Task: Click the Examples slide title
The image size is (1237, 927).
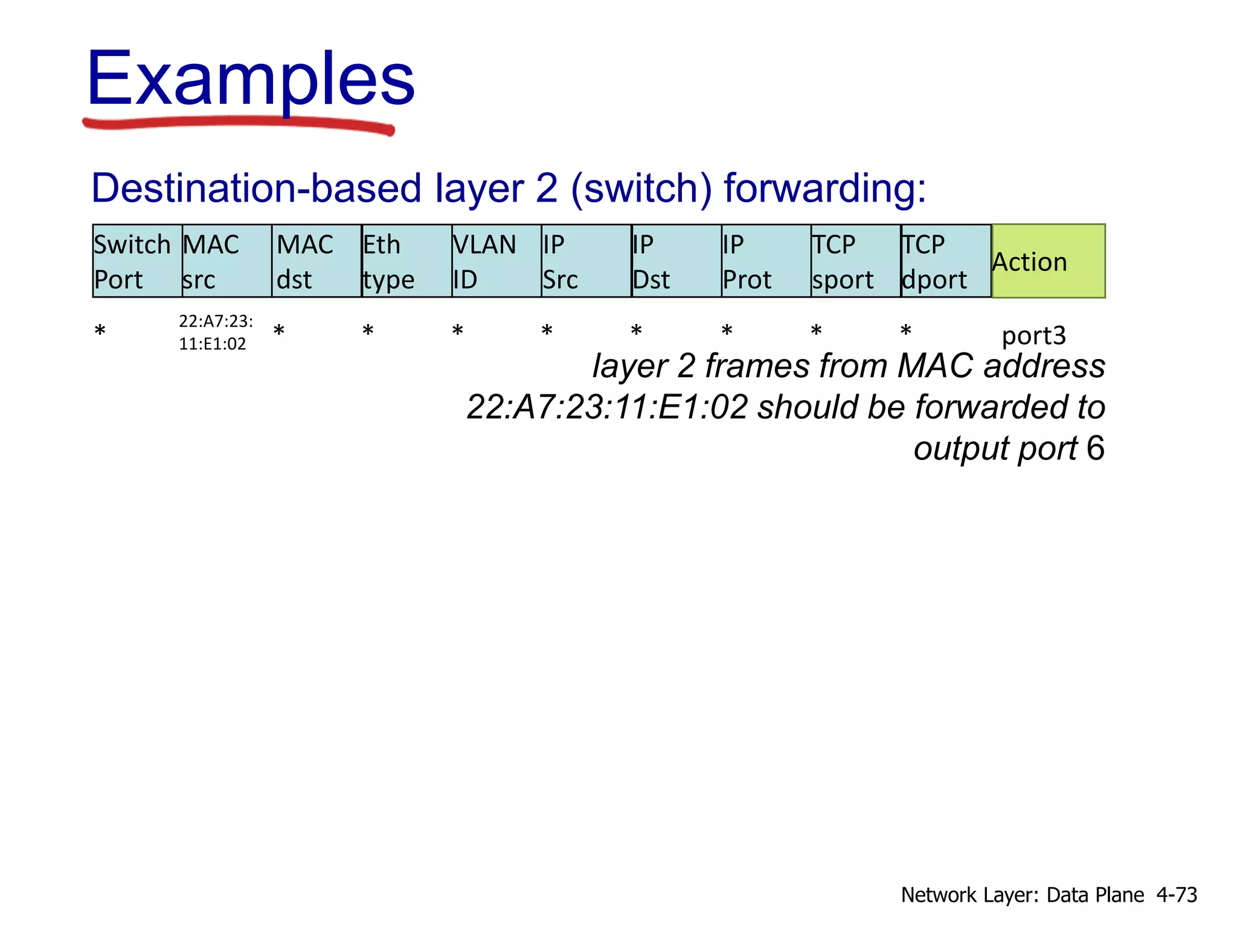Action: point(251,78)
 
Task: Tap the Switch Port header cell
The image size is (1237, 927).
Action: point(137,261)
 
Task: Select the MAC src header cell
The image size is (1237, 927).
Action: point(227,261)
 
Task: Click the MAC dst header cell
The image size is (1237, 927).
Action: point(316,261)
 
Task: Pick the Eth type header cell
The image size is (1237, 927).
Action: point(406,261)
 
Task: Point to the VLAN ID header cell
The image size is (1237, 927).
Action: point(496,261)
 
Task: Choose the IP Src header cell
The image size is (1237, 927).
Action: point(586,261)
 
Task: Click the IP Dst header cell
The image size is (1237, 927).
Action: point(676,261)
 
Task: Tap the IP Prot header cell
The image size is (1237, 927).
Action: point(766,261)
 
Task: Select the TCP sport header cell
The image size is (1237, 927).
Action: point(855,261)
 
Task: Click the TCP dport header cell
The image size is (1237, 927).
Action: point(945,261)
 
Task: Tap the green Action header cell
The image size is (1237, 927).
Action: point(1048,261)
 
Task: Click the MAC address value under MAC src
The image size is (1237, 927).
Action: point(215,332)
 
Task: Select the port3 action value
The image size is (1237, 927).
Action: point(1033,336)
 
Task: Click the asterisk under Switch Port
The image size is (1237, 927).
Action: point(100,331)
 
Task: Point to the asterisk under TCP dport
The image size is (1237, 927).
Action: point(905,331)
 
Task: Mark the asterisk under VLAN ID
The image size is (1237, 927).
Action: point(458,331)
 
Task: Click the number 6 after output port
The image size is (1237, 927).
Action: point(1095,448)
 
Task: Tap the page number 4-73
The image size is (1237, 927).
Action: point(1176,894)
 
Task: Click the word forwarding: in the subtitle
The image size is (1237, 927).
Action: point(824,188)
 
